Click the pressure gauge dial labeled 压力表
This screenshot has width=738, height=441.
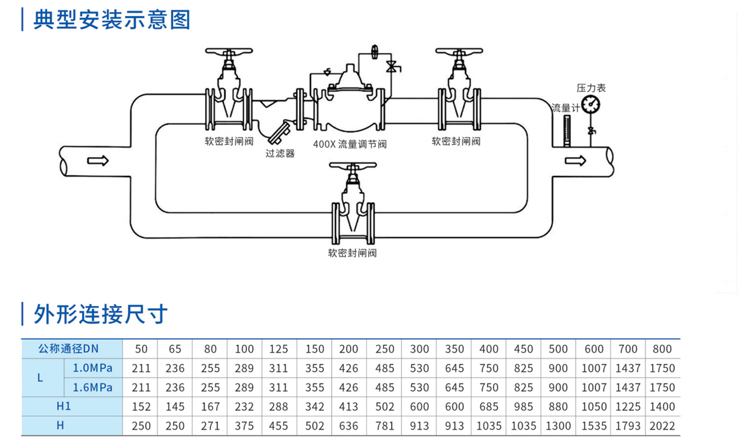pyautogui.click(x=590, y=104)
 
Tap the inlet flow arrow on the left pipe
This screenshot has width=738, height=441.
pyautogui.click(x=98, y=160)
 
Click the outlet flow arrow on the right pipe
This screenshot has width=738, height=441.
pyautogui.click(x=576, y=160)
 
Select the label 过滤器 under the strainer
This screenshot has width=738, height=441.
pyautogui.click(x=280, y=153)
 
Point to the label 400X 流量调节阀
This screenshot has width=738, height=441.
pyautogui.click(x=350, y=144)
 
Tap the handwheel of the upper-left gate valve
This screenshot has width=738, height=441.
pyautogui.click(x=229, y=52)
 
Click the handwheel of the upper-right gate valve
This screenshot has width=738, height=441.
pyautogui.click(x=459, y=52)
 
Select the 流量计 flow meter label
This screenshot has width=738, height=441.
pyautogui.click(x=565, y=107)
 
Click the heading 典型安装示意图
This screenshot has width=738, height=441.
pyautogui.click(x=111, y=19)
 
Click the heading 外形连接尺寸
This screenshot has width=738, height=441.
pyautogui.click(x=101, y=313)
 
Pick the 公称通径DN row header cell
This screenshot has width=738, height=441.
pyautogui.click(x=68, y=349)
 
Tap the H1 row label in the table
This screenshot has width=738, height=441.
pyautogui.click(x=64, y=406)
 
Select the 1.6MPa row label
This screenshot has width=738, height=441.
pyautogui.click(x=93, y=387)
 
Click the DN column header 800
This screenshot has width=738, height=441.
pyautogui.click(x=662, y=349)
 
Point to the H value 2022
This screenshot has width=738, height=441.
pyautogui.click(x=662, y=426)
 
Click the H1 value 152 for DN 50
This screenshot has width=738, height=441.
pyautogui.click(x=141, y=406)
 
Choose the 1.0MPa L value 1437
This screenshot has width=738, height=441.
pyautogui.click(x=627, y=368)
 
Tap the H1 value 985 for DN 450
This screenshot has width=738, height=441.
pyautogui.click(x=523, y=406)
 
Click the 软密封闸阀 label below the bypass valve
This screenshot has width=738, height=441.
pyautogui.click(x=352, y=253)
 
